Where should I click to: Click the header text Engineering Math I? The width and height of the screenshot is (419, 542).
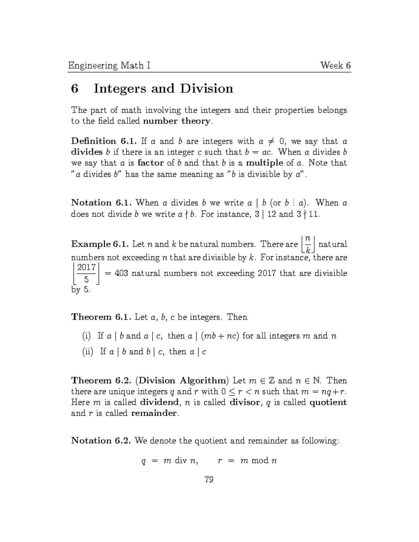109,66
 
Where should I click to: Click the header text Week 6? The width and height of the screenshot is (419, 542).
336,66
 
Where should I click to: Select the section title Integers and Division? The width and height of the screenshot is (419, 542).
163,89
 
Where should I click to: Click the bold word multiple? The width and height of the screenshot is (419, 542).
264,163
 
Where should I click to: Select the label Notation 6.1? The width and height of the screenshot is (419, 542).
101,203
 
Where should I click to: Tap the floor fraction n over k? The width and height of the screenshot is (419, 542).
308,244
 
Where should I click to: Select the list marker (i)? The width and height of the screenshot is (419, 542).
86,336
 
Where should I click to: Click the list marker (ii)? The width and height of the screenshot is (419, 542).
87,352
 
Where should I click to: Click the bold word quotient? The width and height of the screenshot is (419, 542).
328,402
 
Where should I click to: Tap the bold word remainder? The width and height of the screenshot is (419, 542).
154,414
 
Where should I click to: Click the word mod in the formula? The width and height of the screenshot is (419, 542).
260,461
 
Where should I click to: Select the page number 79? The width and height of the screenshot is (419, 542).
209,480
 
